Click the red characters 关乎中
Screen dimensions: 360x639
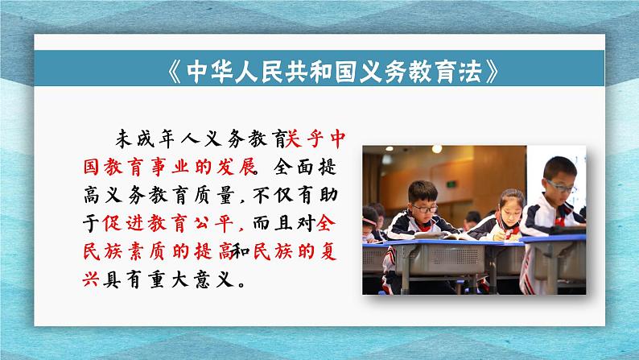pos(316,140)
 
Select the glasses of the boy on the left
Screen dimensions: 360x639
pos(426,208)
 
